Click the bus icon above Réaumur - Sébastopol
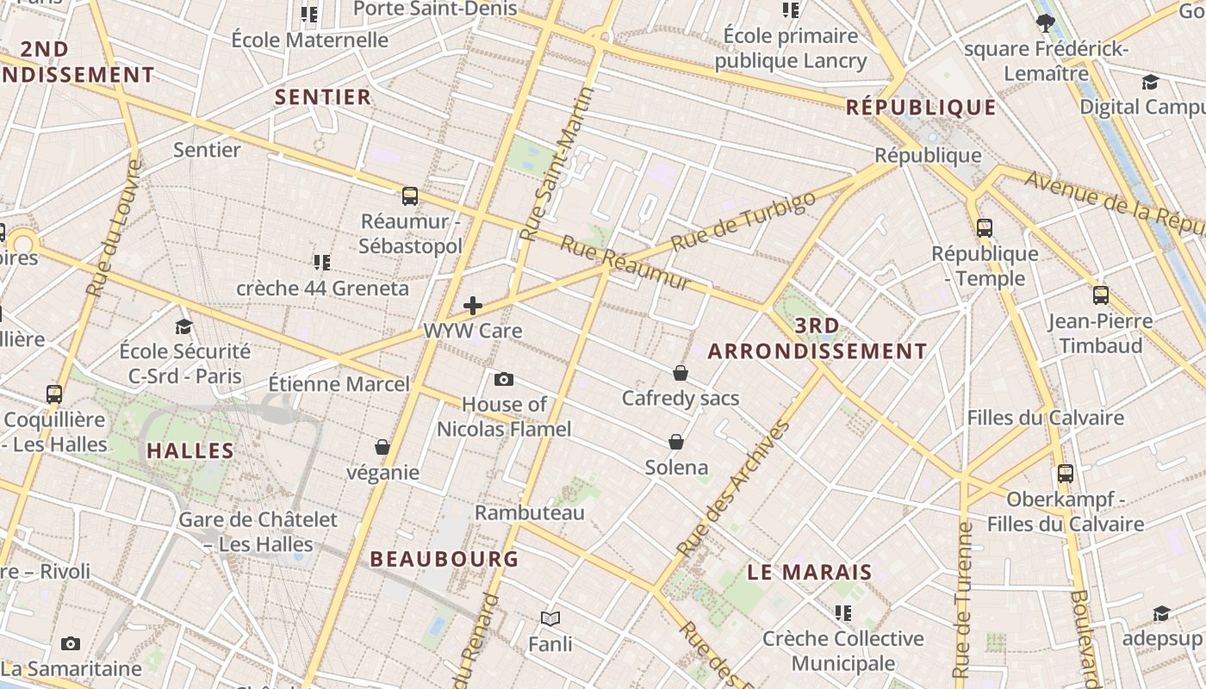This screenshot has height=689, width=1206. [410, 196]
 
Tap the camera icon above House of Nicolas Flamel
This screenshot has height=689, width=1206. [504, 379]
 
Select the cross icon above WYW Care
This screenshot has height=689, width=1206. [472, 306]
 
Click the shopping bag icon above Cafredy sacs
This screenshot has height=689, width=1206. [681, 373]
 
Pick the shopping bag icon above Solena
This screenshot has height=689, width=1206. [677, 442]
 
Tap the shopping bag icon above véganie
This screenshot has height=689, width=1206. [382, 447]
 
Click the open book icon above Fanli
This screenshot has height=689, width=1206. [550, 618]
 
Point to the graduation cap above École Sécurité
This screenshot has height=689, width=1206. [183, 326]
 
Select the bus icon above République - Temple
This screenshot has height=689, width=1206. [985, 228]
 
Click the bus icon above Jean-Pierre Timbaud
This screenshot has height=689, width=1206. [1100, 295]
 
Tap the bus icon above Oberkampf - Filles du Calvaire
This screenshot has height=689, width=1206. [1066, 473]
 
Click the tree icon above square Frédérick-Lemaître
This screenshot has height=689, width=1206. [1046, 23]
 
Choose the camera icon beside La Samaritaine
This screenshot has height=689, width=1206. [71, 643]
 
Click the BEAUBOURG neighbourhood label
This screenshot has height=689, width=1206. [444, 559]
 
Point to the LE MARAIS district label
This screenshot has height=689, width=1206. [810, 572]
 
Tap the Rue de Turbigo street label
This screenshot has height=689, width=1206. [742, 221]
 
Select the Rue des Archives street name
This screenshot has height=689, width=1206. [733, 487]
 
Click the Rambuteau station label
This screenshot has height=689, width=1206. [530, 513]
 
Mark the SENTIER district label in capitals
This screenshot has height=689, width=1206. [323, 97]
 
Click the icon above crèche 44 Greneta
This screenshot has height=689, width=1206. [322, 262]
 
